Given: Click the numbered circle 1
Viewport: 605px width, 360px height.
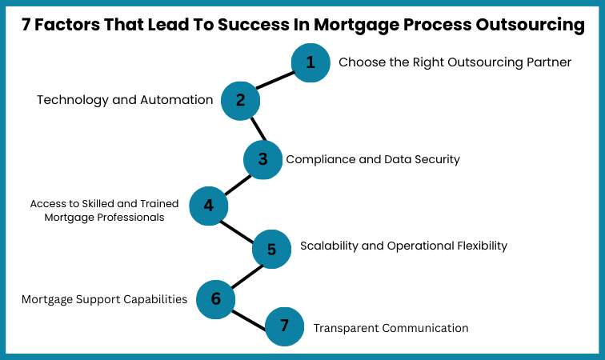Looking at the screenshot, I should click(311, 62).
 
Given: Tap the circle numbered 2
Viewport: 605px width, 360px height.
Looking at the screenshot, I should click(239, 100).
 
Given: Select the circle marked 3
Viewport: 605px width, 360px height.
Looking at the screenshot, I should click(262, 158).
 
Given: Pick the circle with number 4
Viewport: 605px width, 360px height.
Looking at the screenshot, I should click(208, 206).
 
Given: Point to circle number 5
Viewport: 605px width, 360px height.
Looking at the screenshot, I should click(271, 250).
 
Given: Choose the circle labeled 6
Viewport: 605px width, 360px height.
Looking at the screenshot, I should click(215, 298).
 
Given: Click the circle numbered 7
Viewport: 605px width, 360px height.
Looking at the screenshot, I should click(284, 326).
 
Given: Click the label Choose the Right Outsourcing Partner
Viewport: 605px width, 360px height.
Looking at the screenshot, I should click(455, 62).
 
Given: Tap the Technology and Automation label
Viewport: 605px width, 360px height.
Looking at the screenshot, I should click(125, 100).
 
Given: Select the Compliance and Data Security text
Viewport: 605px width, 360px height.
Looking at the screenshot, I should click(373, 159).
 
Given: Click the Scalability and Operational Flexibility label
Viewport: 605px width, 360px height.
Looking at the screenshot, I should click(403, 246).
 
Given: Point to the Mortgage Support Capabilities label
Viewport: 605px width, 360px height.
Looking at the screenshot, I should click(104, 299).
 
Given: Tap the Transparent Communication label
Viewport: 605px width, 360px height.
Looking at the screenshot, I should click(391, 327).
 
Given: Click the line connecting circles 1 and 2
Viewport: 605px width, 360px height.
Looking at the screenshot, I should click(274, 81).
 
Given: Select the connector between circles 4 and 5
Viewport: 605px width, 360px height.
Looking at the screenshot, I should click(239, 228).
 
